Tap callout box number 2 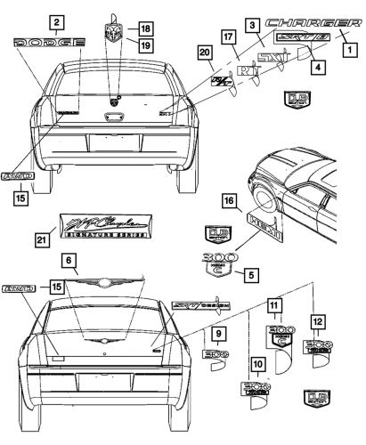[x=56, y=20]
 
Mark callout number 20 [x=206, y=55]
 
